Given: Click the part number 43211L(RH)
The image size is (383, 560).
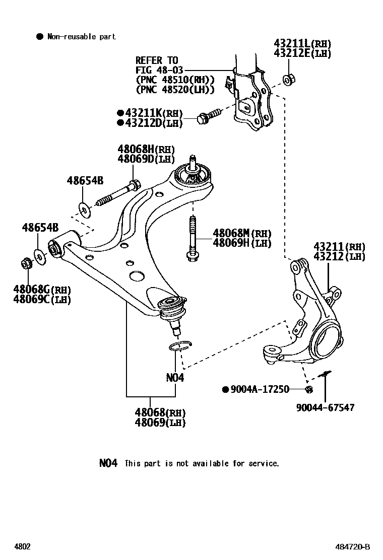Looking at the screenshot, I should [x=302, y=44].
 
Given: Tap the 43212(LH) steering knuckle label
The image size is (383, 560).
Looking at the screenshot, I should [x=340, y=256].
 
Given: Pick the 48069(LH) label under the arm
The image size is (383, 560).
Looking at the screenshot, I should [x=160, y=423].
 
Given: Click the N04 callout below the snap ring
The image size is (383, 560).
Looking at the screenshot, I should [x=175, y=377].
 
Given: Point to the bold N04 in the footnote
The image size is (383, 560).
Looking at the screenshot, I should [x=108, y=463].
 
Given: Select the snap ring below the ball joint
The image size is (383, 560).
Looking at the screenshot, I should [x=180, y=345].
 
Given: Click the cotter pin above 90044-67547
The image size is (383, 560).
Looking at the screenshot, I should [x=326, y=373].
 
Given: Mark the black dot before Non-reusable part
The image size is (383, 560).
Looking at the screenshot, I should [x=39, y=36].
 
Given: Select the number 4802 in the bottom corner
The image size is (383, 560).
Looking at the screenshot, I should [x=22, y=547].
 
